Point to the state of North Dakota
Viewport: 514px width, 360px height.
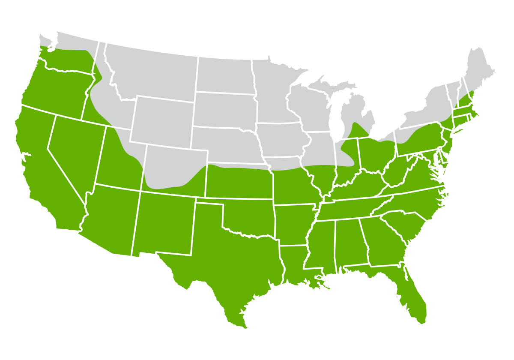click(225, 75)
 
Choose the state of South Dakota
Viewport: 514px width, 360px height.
click(225, 109)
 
